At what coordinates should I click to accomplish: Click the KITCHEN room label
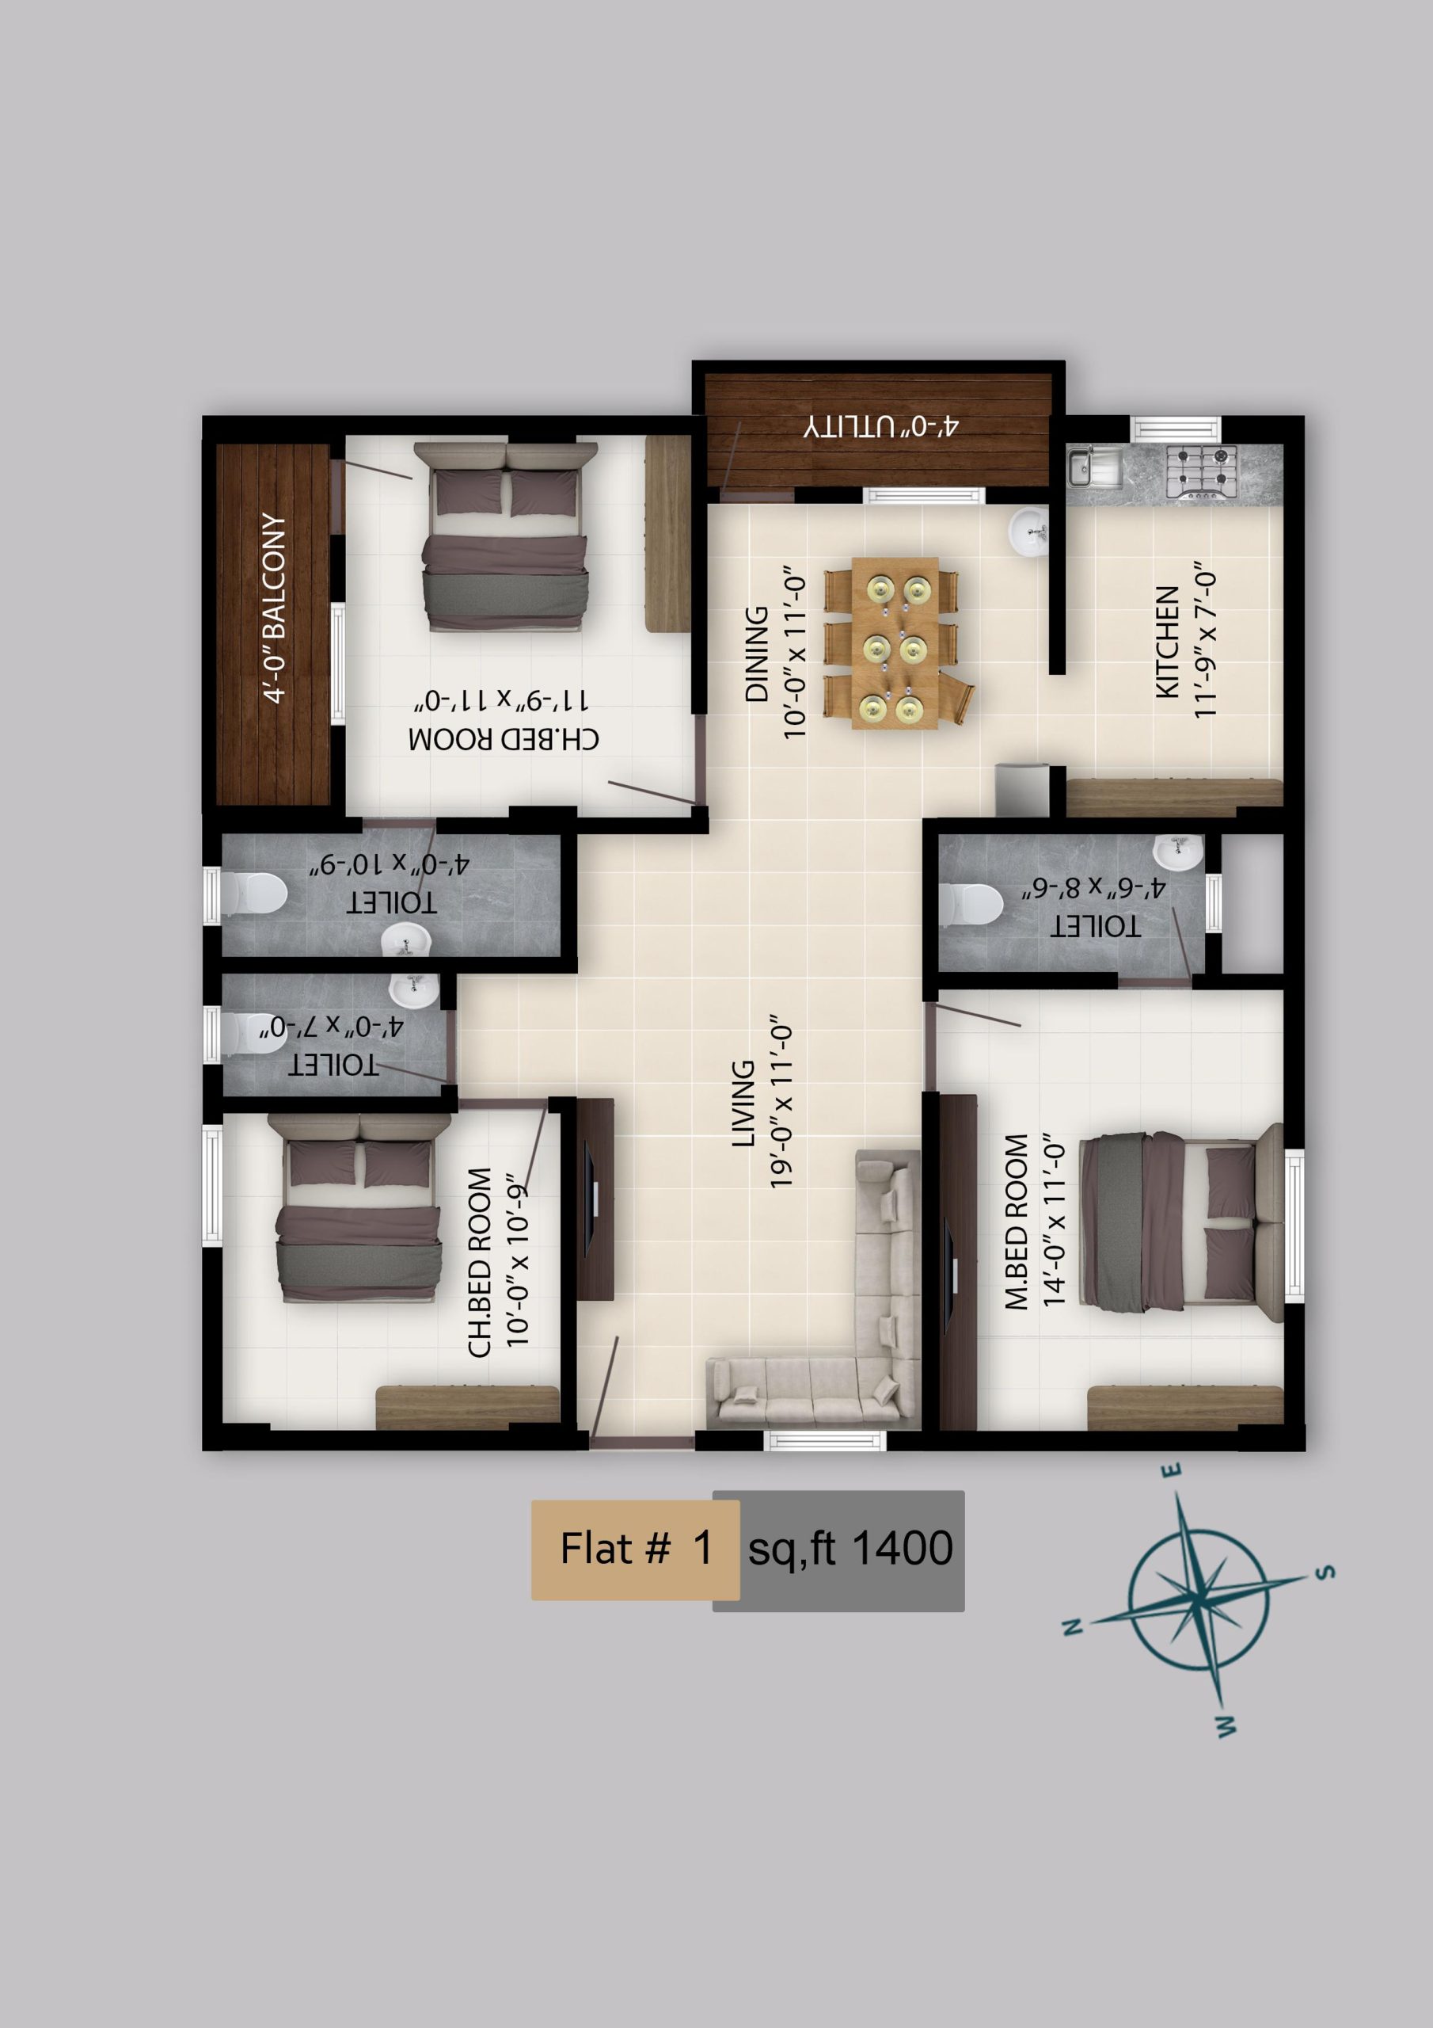(x=1167, y=642)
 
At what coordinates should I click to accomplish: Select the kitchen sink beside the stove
(x=1094, y=468)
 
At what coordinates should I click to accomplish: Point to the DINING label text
(x=757, y=654)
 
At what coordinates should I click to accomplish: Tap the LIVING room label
(x=743, y=1104)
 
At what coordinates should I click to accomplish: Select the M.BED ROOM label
(x=1017, y=1222)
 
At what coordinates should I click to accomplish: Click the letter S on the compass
(x=1325, y=1572)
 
